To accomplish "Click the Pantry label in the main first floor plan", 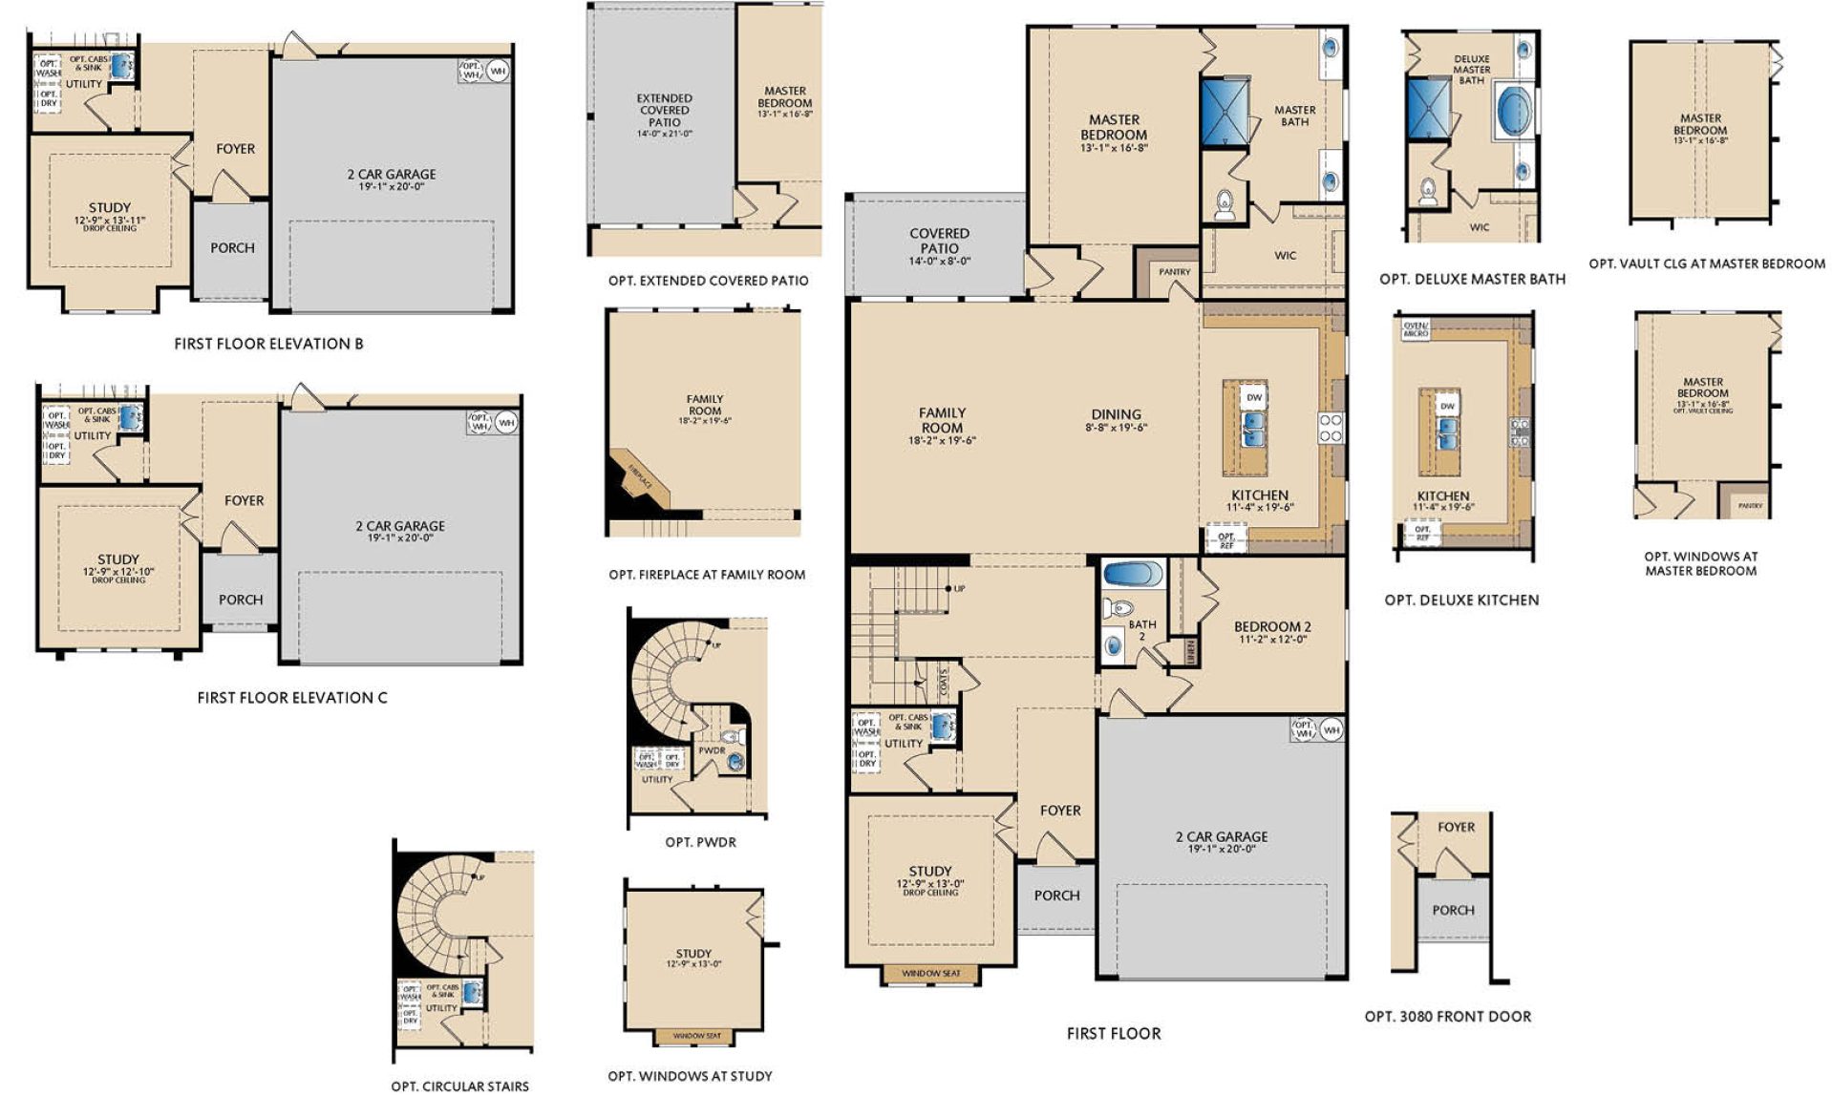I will click(x=1174, y=272).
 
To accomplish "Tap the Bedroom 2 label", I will click(x=1272, y=627).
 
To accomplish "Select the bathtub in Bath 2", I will click(x=1133, y=575).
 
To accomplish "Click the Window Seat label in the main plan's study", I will click(x=930, y=973).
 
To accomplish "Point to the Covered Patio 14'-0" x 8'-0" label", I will click(x=939, y=241).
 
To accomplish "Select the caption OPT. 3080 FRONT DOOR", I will click(x=1447, y=1017).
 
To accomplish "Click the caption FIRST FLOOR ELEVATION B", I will click(x=268, y=344).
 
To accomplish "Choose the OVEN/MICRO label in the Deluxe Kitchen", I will click(x=1416, y=329).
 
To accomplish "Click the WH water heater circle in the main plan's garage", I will click(x=1331, y=730).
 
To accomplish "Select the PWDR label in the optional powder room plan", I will click(x=712, y=750).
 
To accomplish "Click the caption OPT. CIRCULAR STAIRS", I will click(x=459, y=1085).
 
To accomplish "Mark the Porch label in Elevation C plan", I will click(x=240, y=600).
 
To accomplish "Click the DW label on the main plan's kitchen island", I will click(x=1254, y=397).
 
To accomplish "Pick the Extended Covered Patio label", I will click(x=664, y=110).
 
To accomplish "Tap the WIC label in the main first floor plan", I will click(x=1285, y=255).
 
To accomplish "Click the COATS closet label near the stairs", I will click(x=944, y=680).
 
